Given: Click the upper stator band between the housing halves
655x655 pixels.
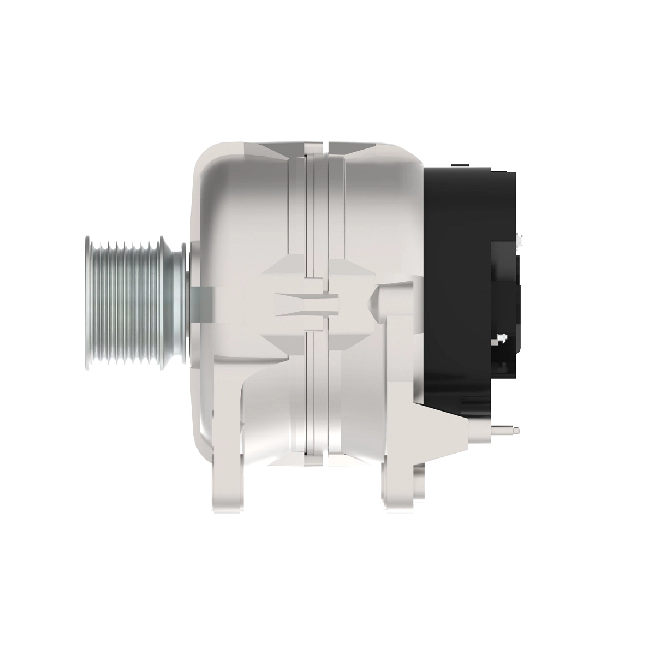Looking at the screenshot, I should coord(317,213).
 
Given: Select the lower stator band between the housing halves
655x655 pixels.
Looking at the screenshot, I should coord(317,393).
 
